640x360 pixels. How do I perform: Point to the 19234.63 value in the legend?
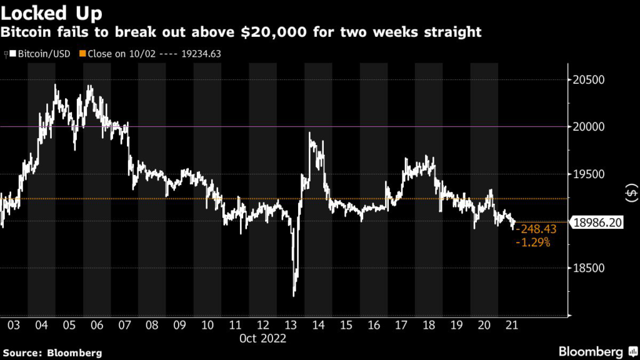201,54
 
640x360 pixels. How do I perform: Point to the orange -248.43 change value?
535,229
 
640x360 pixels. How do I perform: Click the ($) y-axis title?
631,194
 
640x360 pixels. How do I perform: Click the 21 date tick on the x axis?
514,325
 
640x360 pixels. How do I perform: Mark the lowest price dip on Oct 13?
294,295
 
